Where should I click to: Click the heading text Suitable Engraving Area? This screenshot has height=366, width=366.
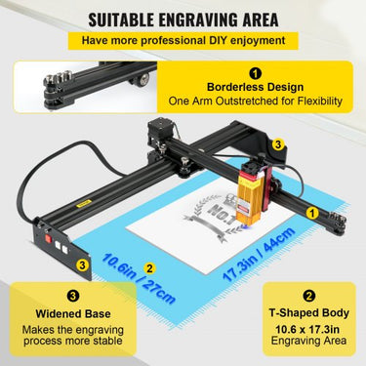[183, 19]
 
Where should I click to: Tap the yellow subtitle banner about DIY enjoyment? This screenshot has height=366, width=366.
[183, 42]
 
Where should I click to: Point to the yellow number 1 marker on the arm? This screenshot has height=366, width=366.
[311, 210]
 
